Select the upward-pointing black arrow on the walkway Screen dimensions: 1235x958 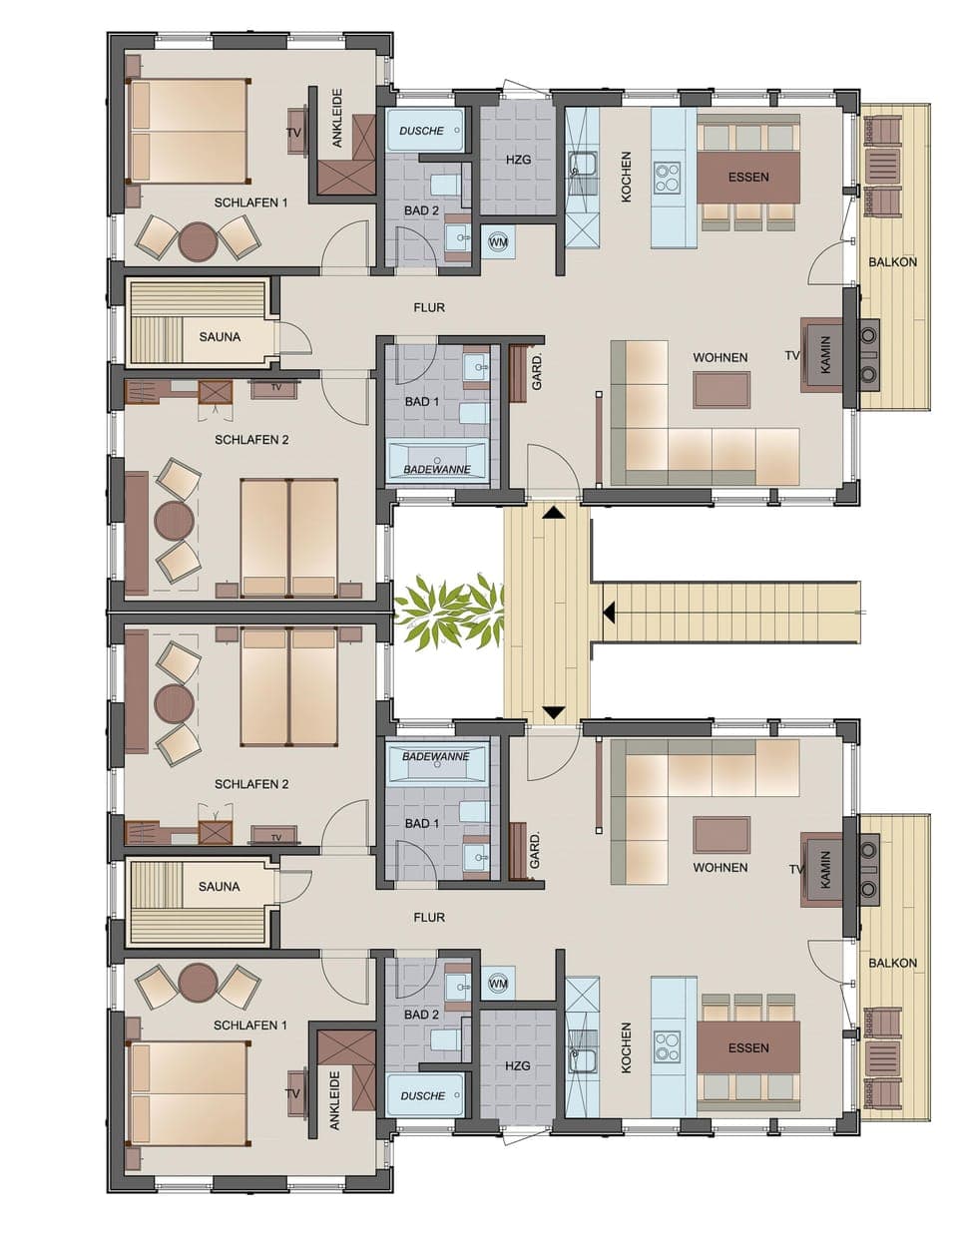click(553, 513)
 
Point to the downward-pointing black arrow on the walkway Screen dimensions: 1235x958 click(553, 713)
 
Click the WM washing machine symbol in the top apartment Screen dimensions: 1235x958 click(498, 242)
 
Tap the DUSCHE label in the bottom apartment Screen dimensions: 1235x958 click(422, 1095)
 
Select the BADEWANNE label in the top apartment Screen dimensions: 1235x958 click(436, 469)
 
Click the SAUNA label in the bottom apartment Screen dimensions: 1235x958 click(219, 886)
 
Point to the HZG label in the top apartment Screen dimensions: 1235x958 click(518, 160)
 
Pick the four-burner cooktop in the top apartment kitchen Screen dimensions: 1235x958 click(667, 178)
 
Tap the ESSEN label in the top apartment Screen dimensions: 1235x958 click(748, 178)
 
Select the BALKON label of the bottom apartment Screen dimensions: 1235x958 click(892, 963)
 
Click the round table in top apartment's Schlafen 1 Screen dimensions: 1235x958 click(198, 239)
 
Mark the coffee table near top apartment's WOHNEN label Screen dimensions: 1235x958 click(720, 390)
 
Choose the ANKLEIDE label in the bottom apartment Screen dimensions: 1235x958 click(335, 1100)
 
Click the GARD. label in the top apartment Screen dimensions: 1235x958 click(537, 371)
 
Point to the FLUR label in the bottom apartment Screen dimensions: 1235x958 click(429, 917)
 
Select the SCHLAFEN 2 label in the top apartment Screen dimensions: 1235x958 click(251, 439)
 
